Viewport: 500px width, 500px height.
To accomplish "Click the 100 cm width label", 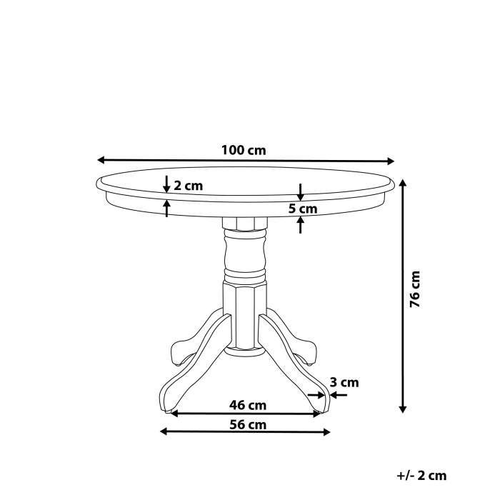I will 244,150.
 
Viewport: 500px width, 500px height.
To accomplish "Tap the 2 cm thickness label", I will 189,186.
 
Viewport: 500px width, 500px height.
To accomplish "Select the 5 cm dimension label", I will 303,209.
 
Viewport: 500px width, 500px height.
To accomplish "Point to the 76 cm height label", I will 416,289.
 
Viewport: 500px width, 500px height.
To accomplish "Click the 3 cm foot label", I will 345,383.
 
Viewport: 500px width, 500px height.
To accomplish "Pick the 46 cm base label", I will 248,405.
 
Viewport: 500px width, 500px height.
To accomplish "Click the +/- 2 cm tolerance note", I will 421,475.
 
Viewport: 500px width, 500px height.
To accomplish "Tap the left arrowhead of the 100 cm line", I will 101,160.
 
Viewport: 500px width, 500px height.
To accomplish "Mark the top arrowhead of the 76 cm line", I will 403,183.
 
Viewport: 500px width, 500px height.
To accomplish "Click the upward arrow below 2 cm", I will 166,207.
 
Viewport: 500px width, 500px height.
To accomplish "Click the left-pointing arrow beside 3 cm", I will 336,394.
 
